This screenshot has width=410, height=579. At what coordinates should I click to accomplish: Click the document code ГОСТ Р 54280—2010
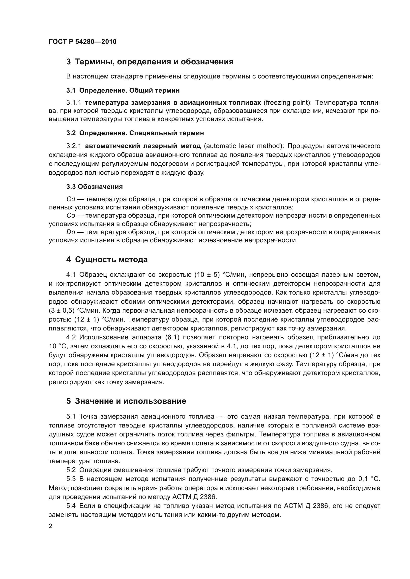coord(83,42)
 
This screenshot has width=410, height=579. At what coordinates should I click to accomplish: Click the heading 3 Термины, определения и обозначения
coord(150,62)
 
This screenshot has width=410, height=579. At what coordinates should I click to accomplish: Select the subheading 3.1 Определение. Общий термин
coord(123,90)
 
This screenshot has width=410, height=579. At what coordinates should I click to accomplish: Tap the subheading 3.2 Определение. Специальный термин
coord(135,133)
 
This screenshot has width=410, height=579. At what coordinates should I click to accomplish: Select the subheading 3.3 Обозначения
coord(94,187)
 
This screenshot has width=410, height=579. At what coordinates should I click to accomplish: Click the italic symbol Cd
coord(71,199)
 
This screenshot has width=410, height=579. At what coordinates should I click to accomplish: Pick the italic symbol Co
coord(71,216)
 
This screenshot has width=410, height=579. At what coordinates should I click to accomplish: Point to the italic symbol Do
coord(71,232)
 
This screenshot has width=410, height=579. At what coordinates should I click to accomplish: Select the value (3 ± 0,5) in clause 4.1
coord(62,310)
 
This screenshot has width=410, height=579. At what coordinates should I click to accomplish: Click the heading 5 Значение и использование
coord(126,401)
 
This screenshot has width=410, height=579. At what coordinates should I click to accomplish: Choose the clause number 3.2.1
coord(74,146)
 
